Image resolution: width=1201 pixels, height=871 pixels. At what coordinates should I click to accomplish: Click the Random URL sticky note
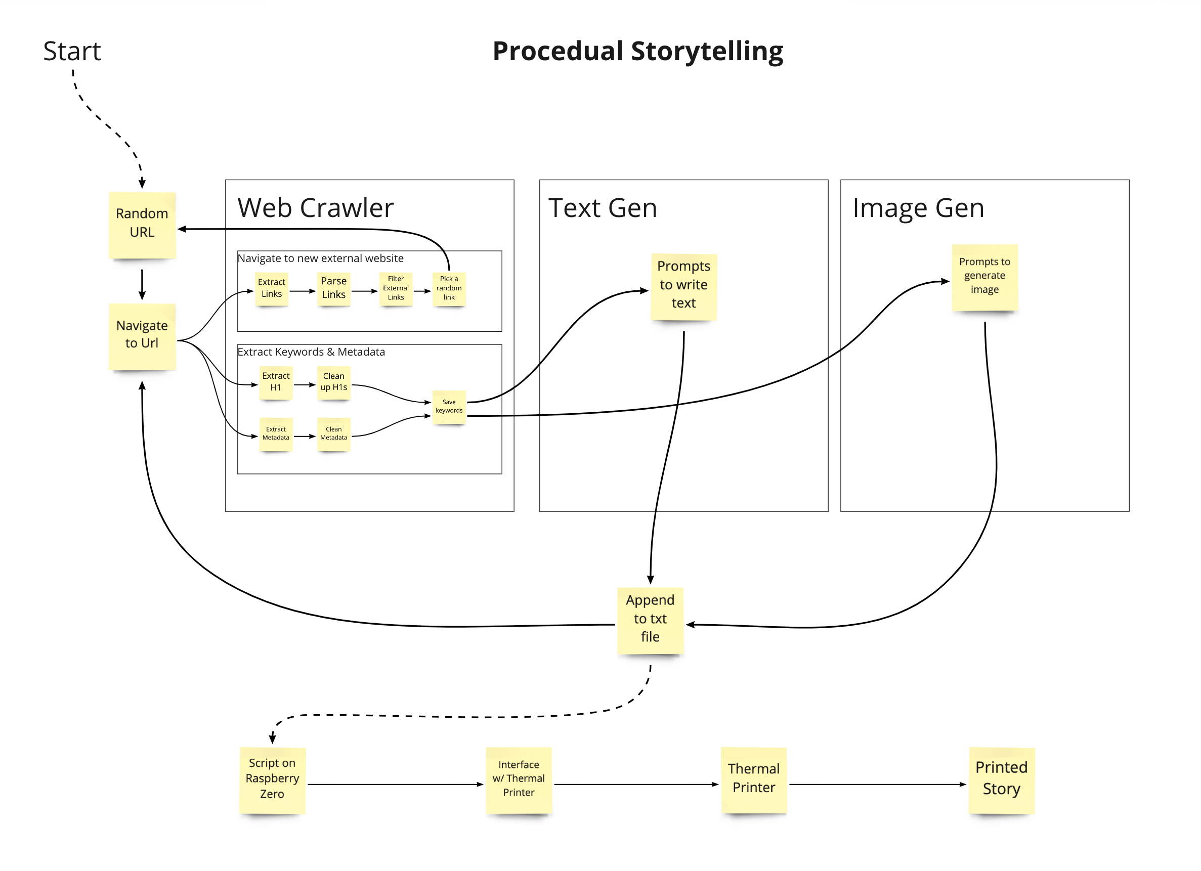coord(142,225)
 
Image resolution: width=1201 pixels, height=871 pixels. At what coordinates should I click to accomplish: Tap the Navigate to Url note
coord(142,336)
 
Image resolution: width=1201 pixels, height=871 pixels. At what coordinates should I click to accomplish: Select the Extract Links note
coord(272,289)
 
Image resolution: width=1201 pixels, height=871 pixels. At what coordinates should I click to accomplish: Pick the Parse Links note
coord(333,289)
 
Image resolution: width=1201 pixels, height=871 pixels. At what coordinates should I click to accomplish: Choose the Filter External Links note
coord(396,289)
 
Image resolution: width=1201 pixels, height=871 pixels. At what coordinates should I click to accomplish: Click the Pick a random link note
coord(449,289)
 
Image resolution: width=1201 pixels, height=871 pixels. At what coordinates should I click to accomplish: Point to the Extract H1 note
coord(276,383)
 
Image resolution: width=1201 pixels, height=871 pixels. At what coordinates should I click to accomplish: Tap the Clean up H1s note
coord(333,383)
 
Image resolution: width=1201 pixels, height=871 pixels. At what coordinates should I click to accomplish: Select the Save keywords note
coord(449,407)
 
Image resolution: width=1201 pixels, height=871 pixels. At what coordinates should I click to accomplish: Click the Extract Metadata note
coord(276,434)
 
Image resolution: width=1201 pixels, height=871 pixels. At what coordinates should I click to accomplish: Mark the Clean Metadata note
coord(333,434)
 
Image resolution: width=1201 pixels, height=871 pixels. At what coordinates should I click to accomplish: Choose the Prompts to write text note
coord(683,286)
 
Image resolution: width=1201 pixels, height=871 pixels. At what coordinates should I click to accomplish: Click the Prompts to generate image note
coord(984,277)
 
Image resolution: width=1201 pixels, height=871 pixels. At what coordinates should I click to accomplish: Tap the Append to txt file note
coord(650,620)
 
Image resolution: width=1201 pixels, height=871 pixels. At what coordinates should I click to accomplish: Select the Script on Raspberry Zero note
coord(272,780)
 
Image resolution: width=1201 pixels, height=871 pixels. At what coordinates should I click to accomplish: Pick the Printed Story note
coord(1001,780)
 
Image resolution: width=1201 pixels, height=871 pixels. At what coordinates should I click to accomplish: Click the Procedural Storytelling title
coord(637,52)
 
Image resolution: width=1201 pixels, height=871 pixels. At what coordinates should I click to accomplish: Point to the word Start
coord(72,52)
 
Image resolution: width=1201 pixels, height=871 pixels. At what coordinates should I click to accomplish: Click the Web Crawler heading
coord(316,207)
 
